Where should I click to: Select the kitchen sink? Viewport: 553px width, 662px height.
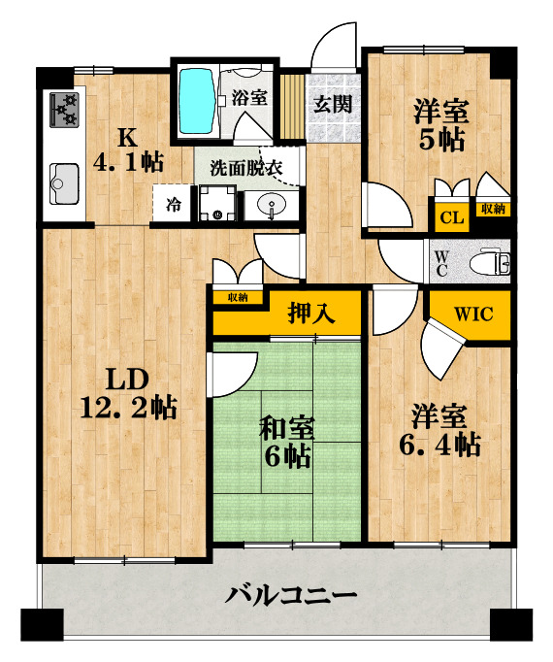coord(63,181)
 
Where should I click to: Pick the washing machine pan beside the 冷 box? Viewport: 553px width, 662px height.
coord(214,205)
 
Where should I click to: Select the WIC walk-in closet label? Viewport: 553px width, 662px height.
coord(474,314)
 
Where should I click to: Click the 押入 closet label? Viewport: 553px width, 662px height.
coord(311,314)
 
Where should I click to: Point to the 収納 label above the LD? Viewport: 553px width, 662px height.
coord(238,298)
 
